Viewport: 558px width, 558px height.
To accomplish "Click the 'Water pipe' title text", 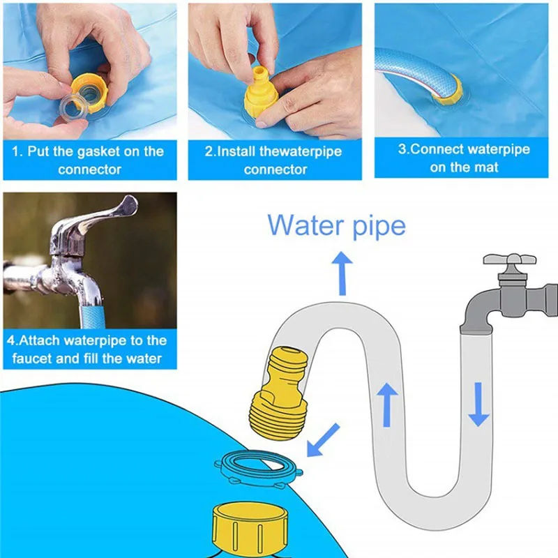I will (x=336, y=226).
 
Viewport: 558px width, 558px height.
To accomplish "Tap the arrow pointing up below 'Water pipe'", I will (x=342, y=273).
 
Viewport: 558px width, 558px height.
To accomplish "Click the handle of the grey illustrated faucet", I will (x=513, y=263).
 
